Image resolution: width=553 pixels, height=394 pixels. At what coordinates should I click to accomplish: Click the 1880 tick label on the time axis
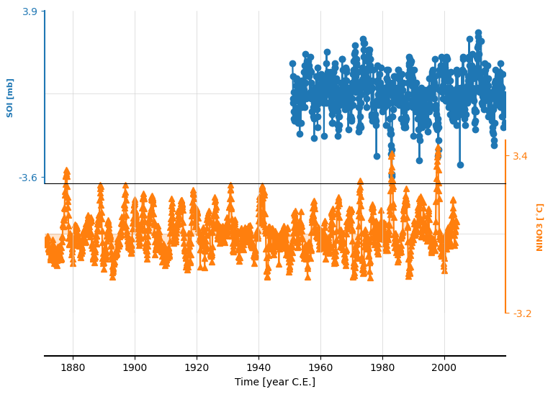(x=73, y=367)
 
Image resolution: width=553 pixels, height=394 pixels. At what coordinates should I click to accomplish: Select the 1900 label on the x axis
(x=135, y=367)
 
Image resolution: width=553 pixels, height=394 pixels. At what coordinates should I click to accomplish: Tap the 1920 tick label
(x=197, y=367)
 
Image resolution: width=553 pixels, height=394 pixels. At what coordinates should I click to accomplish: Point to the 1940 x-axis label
(x=258, y=367)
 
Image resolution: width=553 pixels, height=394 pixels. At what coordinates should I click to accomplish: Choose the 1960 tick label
(x=320, y=367)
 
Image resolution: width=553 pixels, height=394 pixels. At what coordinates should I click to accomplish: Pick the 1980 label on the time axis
(x=382, y=367)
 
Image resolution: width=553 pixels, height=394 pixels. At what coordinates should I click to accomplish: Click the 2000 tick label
(x=444, y=367)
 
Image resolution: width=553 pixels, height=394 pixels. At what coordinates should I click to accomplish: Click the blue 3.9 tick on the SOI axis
(x=30, y=12)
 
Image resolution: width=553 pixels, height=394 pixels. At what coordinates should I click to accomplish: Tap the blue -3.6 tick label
(x=28, y=178)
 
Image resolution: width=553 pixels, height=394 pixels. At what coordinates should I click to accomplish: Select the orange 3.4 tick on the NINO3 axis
(x=520, y=156)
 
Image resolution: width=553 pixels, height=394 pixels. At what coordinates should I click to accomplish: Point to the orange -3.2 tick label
(x=522, y=313)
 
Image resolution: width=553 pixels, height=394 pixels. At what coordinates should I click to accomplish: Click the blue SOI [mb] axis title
(x=9, y=98)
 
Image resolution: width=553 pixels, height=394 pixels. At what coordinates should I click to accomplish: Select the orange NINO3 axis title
(x=539, y=227)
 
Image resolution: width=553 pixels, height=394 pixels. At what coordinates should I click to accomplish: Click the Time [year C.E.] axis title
(x=275, y=382)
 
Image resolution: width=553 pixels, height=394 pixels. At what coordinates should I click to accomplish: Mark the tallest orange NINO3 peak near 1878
(x=67, y=171)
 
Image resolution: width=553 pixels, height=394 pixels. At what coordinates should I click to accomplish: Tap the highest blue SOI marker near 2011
(x=479, y=33)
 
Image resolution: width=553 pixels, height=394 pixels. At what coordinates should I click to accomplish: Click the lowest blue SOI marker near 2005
(x=460, y=165)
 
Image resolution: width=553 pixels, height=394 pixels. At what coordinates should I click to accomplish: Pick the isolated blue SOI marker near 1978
(x=377, y=156)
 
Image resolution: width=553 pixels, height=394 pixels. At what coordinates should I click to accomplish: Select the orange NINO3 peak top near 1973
(x=360, y=181)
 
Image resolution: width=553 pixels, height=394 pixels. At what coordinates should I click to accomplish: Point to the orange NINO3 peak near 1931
(x=230, y=186)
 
